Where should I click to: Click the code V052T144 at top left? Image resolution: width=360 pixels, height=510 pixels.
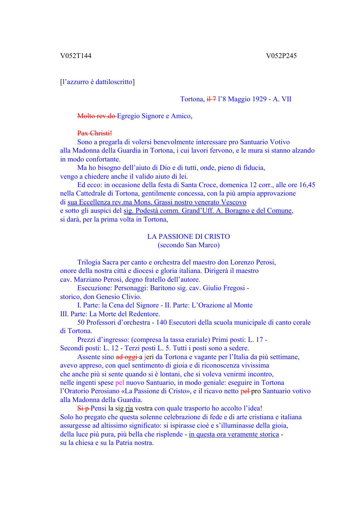click(x=76, y=56)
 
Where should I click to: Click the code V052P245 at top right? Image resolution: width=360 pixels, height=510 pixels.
click(x=281, y=56)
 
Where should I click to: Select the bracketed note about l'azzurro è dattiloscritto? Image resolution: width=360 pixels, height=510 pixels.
click(x=97, y=82)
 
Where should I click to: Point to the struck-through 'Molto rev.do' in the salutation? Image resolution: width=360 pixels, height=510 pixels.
click(x=97, y=116)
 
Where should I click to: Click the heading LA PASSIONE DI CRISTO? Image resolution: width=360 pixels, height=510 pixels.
click(x=188, y=237)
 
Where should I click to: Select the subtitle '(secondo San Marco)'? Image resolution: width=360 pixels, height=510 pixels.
click(x=188, y=245)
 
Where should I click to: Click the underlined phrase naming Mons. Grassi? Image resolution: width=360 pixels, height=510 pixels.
click(x=157, y=202)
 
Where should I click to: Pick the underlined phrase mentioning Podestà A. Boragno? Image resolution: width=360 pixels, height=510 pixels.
click(x=207, y=211)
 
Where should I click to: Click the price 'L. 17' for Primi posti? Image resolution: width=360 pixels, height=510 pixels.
click(x=256, y=340)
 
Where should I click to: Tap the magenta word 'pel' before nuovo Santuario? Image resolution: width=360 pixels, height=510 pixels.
click(x=120, y=383)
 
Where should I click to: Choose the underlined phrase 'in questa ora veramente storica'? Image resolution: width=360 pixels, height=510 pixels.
click(x=234, y=434)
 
